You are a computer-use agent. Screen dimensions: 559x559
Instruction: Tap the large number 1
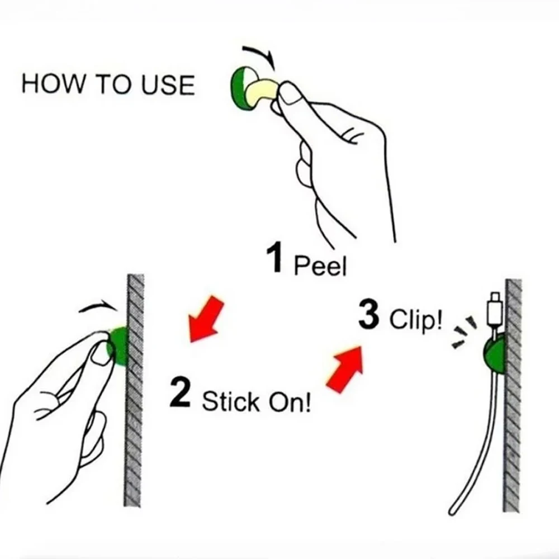click(276, 259)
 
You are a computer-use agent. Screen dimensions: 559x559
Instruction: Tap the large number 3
click(370, 316)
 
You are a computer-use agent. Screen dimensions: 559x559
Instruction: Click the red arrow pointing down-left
click(205, 319)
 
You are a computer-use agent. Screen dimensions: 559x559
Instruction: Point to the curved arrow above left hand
click(99, 305)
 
